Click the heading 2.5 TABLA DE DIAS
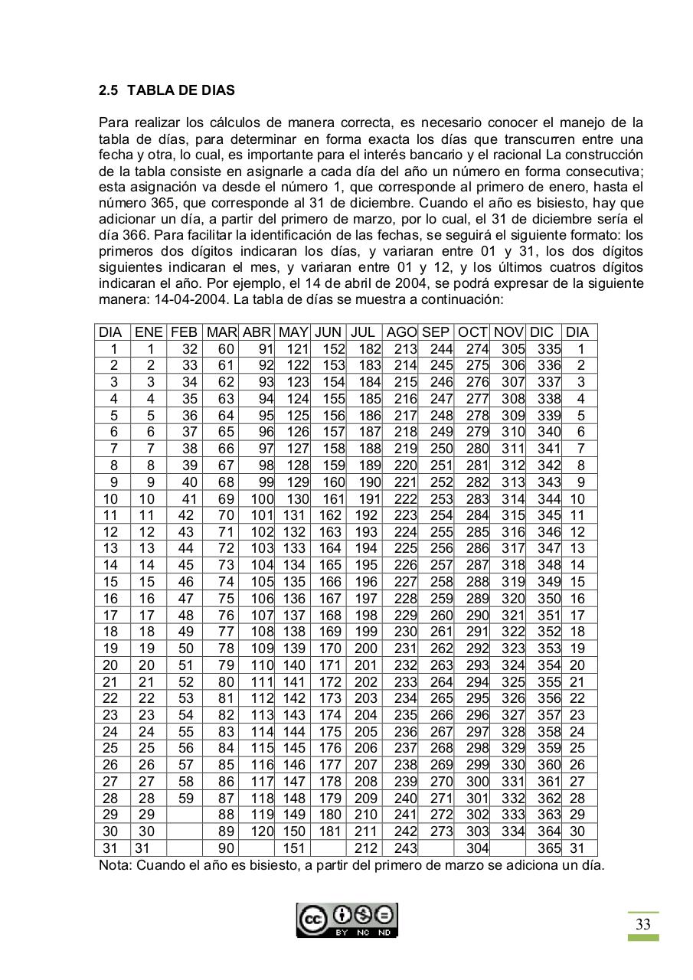[167, 90]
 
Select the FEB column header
[184, 332]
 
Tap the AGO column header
[401, 332]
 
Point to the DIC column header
[541, 332]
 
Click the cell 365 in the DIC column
[548, 848]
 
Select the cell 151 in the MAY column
[293, 848]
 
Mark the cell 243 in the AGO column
[404, 848]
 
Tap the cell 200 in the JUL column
[366, 648]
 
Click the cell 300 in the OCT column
[477, 782]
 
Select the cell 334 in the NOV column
[512, 831]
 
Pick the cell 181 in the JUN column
[329, 831]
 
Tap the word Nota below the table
[115, 866]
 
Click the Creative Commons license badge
[347, 920]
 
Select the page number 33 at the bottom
[642, 925]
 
